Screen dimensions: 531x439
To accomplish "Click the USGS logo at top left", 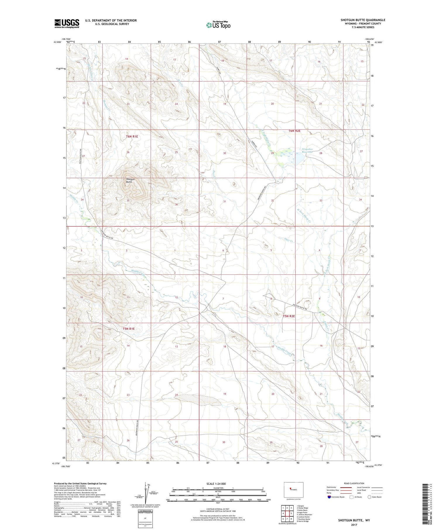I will click(67, 23).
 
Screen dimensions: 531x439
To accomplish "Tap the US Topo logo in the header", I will click(218, 25).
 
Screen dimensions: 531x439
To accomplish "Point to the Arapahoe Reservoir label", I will click(307, 151).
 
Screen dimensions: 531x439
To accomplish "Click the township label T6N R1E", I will click(132, 136).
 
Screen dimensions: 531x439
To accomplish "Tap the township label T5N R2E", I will click(289, 316).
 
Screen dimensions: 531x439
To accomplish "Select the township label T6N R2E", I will click(294, 131).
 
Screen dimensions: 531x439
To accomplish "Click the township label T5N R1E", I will click(128, 329).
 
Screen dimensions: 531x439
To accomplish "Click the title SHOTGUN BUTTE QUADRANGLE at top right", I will click(363, 20).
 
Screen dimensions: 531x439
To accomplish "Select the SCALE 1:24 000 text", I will click(216, 484).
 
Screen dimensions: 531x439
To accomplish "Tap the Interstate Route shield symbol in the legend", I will click(329, 497).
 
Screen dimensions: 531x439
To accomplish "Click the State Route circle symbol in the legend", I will click(369, 497).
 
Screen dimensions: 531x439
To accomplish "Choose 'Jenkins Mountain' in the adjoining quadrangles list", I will click(304, 515).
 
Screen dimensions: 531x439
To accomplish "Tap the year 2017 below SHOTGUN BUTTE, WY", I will click(354, 525).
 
